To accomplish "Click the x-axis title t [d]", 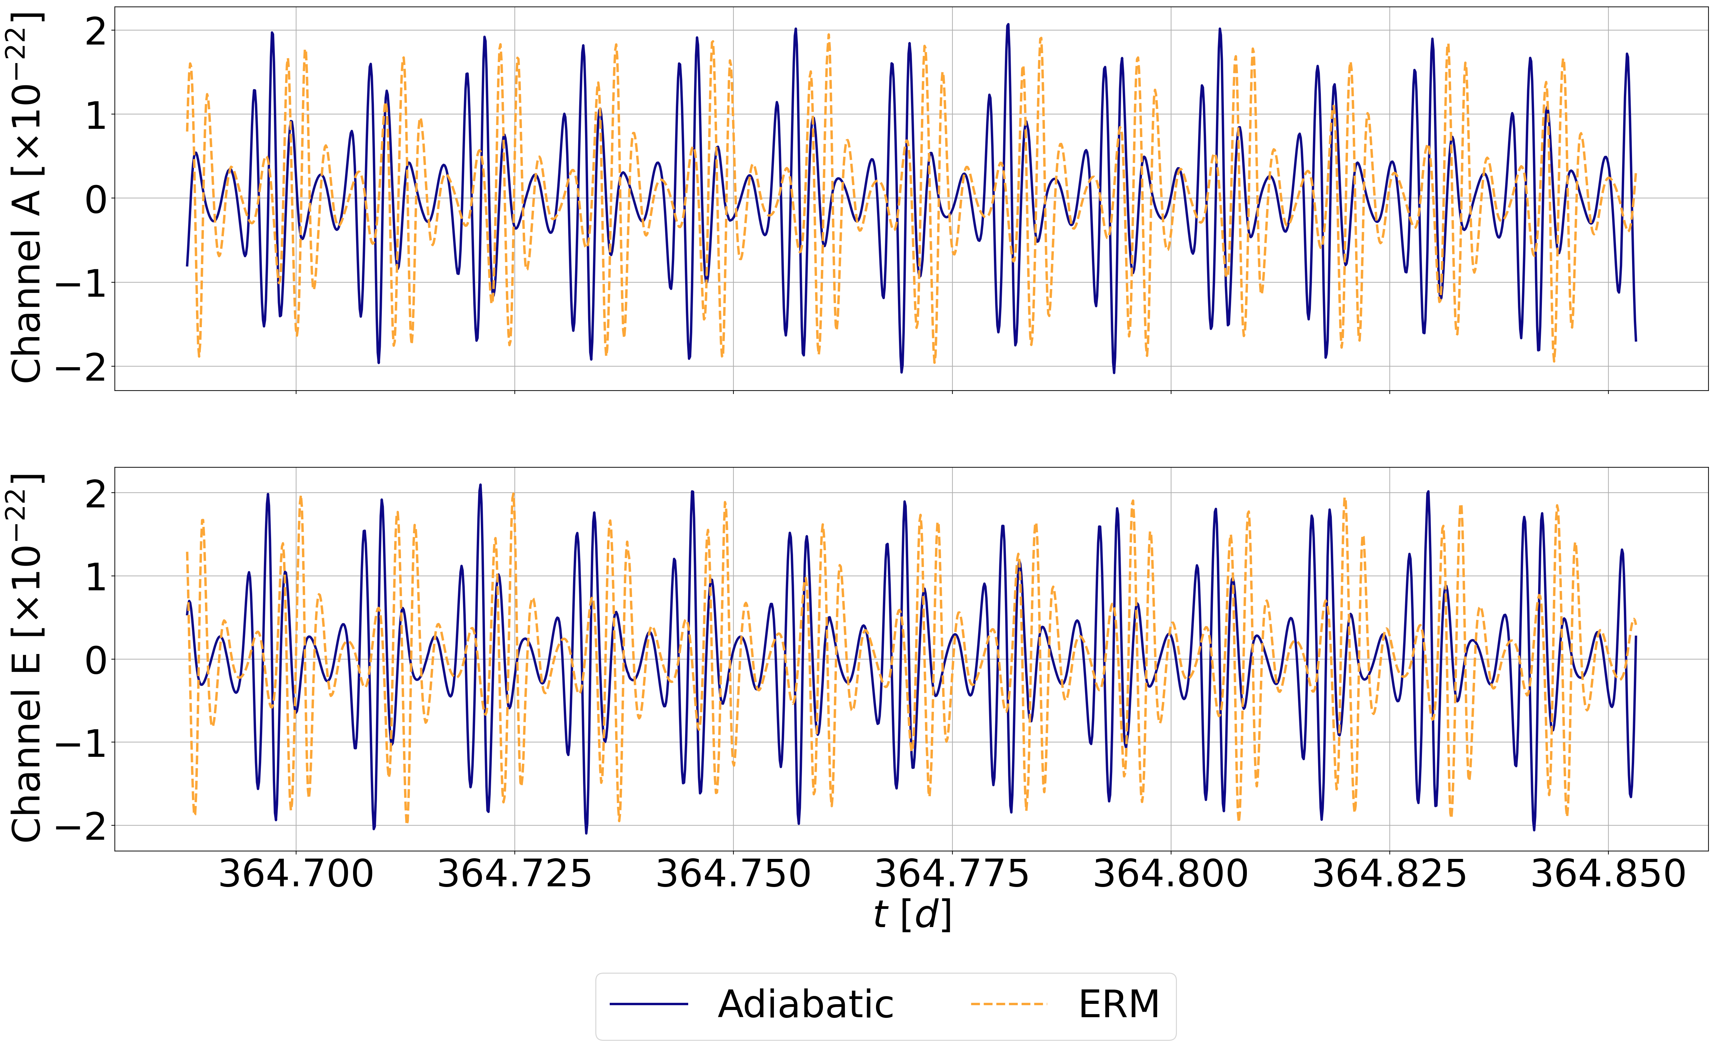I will point(912,915).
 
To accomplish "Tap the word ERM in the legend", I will point(1119,1005).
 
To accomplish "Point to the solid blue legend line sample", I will point(649,1004).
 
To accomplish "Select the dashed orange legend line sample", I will point(1009,1004).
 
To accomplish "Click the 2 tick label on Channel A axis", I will point(96,31).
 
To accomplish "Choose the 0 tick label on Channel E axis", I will point(96,660).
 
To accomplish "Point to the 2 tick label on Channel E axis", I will point(96,493).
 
